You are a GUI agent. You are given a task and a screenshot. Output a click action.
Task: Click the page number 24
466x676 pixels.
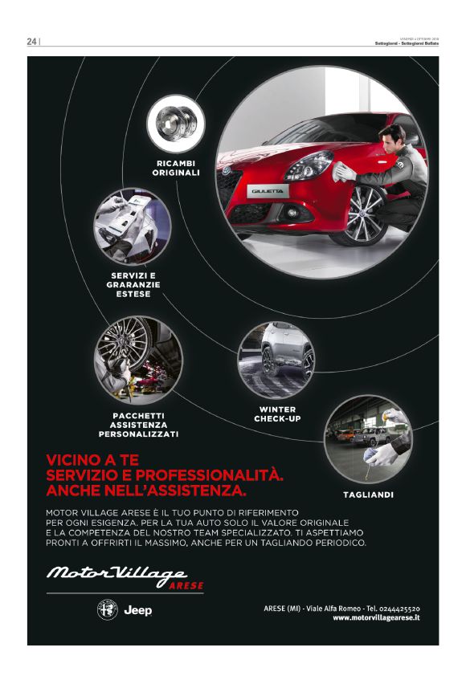click(x=31, y=42)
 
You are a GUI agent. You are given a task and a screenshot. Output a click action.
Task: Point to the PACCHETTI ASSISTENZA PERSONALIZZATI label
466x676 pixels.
click(x=138, y=424)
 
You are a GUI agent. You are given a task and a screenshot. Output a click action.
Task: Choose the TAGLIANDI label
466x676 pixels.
click(x=368, y=495)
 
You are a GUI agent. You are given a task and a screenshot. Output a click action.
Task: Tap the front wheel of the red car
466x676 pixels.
click(x=356, y=214)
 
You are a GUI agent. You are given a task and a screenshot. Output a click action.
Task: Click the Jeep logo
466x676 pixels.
click(x=137, y=611)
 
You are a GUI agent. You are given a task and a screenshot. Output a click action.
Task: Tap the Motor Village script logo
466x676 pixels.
click(x=117, y=573)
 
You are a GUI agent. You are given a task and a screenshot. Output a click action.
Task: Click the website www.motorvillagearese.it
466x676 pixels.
click(x=376, y=617)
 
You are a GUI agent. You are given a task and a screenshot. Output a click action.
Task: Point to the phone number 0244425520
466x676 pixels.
click(x=397, y=608)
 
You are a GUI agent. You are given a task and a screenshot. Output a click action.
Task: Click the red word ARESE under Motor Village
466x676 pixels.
click(x=186, y=585)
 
